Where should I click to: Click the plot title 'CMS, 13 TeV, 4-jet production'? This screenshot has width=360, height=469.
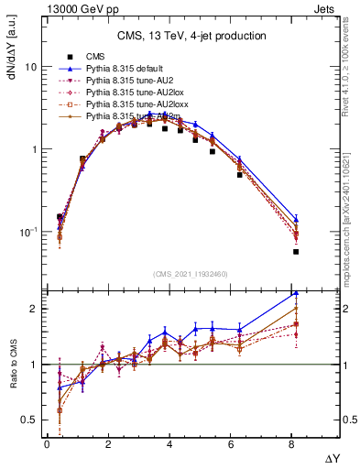pyautogui.click(x=191, y=37)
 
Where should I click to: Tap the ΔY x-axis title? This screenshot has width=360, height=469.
pyautogui.click(x=331, y=456)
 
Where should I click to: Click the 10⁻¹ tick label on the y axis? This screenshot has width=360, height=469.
pyautogui.click(x=27, y=232)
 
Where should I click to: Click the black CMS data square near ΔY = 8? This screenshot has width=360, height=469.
pyautogui.click(x=296, y=251)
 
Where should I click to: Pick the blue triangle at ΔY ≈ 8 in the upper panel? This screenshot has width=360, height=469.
pyautogui.click(x=296, y=219)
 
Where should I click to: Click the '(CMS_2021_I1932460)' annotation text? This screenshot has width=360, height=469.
pyautogui.click(x=191, y=273)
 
